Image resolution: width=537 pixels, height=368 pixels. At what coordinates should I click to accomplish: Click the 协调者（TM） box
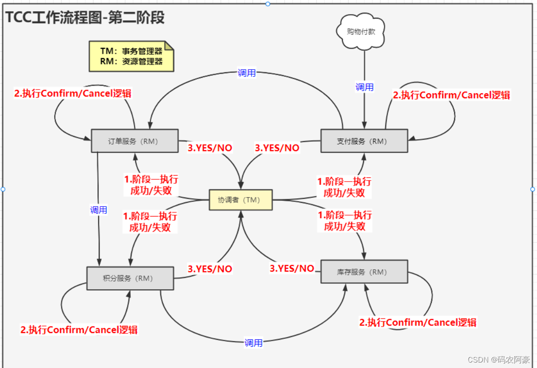tap(240, 200)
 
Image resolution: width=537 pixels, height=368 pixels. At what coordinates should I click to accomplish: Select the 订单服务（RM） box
tap(134, 141)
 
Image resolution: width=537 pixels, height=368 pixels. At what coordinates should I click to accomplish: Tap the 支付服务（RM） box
tap(364, 141)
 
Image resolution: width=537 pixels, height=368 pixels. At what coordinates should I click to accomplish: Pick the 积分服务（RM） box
tap(130, 278)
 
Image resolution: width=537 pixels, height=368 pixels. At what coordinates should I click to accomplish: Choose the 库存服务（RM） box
tap(364, 272)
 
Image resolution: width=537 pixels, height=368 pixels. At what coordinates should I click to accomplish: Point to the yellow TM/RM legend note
tap(131, 56)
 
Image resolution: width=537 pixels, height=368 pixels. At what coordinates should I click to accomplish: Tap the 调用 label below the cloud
tap(364, 87)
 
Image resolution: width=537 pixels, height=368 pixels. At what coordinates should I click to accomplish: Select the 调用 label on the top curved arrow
tap(246, 73)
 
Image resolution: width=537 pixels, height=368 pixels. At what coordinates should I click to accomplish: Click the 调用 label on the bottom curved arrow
tap(253, 343)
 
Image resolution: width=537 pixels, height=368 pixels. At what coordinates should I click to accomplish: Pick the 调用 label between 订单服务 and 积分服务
tap(98, 210)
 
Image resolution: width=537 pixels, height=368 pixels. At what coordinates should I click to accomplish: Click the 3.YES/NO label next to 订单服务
tap(210, 148)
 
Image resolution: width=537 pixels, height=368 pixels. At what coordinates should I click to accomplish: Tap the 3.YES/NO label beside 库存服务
tap(292, 268)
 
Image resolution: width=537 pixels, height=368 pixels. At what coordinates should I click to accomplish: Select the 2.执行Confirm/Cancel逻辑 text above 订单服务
tap(73, 93)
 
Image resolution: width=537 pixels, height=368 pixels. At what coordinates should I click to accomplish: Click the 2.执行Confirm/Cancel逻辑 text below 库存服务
tap(418, 323)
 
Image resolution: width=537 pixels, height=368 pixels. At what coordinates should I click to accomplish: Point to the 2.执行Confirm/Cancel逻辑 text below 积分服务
tap(79, 330)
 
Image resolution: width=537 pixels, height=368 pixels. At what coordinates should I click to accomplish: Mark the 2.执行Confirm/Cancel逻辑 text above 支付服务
tap(451, 95)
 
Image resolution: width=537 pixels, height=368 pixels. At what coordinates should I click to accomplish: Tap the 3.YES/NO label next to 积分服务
tap(210, 269)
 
